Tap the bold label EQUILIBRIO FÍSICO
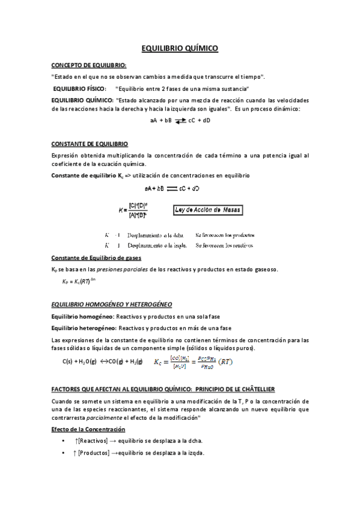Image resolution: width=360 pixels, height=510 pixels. pos(79,88)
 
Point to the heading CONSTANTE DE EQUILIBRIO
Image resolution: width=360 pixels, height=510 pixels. pos(90,144)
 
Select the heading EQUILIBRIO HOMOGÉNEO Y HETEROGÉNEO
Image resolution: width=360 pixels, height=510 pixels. pos(112,304)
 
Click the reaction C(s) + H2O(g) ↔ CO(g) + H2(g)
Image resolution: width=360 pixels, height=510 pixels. pos(102,361)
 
